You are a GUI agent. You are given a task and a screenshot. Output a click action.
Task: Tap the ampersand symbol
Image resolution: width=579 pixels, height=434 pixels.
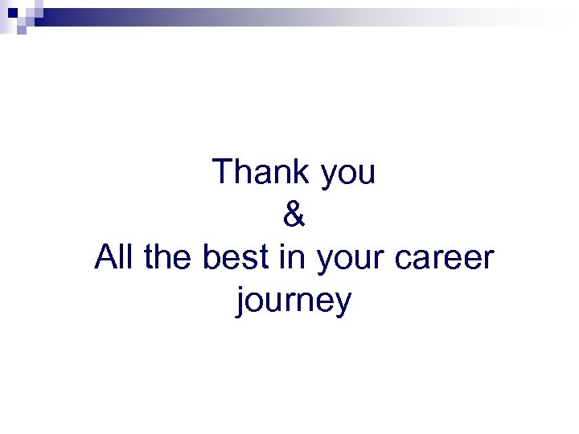[295, 215]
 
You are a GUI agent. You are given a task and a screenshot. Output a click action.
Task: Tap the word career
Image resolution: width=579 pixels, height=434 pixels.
[446, 260]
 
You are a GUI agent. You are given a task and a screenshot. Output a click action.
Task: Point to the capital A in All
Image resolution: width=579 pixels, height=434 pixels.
[105, 258]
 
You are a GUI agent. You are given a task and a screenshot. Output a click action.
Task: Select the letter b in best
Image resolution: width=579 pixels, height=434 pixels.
[212, 258]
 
